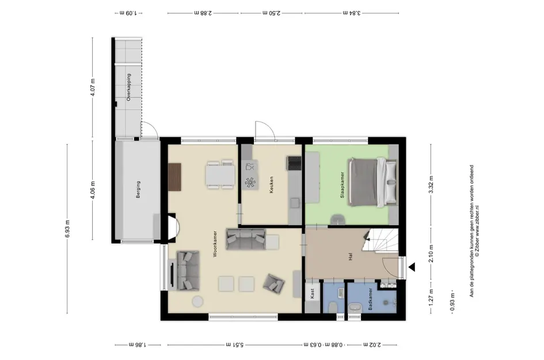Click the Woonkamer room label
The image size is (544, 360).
coord(215,244)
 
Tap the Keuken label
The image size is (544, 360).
coord(271,185)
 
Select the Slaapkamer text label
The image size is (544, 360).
coord(342,185)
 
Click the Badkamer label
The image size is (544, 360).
coord(370,299)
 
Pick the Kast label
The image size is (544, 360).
coord(312,293)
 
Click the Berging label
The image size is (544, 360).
coord(138,190)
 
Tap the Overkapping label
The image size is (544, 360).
coord(129,87)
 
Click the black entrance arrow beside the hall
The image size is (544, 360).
coord(412,267)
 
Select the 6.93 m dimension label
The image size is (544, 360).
coord(67,229)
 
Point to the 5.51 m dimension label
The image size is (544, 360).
coord(234,344)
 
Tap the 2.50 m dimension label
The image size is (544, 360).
coord(272,13)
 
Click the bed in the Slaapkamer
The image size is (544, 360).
coord(372,182)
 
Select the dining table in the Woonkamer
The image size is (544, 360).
coord(220,175)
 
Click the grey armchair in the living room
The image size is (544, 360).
coord(274,283)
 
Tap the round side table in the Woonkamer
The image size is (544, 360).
coord(198,301)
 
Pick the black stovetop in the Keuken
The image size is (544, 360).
coord(294,163)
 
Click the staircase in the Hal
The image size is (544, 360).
coord(381,240)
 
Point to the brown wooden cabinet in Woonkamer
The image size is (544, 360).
coord(175,177)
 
